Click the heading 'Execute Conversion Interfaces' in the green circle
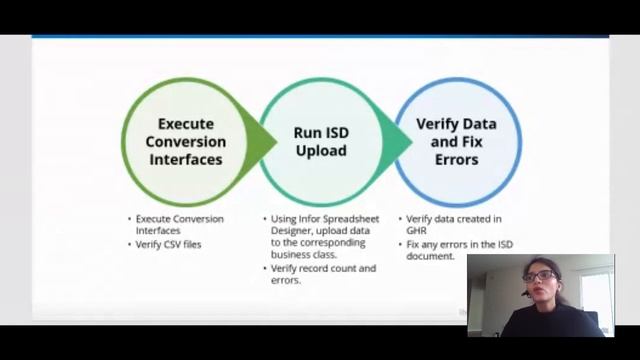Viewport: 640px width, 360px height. coord(184,141)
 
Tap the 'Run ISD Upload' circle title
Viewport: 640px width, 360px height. coord(320,141)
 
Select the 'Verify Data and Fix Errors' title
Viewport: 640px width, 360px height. coord(456,141)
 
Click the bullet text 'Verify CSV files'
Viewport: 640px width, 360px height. coord(168,244)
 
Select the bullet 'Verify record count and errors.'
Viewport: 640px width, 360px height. coord(322,274)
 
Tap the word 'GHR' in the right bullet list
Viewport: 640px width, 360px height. coord(417,231)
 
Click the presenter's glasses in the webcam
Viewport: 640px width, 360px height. coord(537,276)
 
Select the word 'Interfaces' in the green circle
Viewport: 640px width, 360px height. coord(184,159)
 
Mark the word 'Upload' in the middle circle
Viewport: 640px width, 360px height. coord(320,151)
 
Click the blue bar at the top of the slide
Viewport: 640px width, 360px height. coord(320,36)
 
